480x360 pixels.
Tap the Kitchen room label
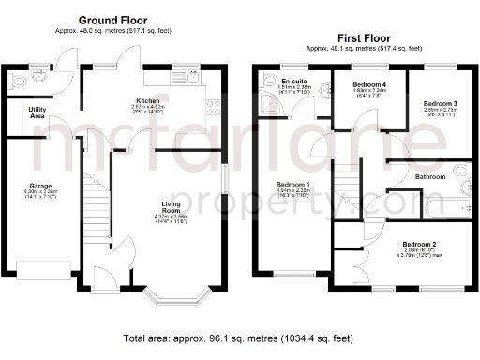click(x=147, y=99)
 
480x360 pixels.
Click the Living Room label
click(x=171, y=204)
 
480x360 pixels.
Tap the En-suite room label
click(x=296, y=82)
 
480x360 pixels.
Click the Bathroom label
click(x=430, y=176)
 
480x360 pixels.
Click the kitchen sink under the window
click(x=194, y=82)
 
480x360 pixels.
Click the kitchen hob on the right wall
click(x=213, y=108)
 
